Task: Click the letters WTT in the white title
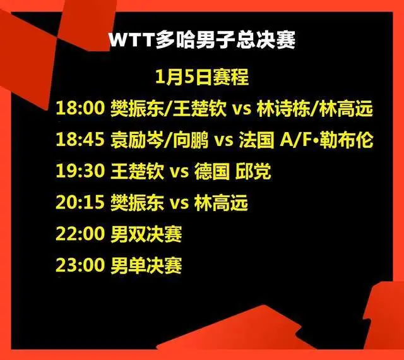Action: click(x=131, y=40)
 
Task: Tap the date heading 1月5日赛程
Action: click(x=202, y=77)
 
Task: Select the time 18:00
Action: click(x=80, y=108)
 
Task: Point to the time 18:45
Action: click(x=80, y=140)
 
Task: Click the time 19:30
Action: click(x=80, y=171)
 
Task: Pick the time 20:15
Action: click(x=80, y=203)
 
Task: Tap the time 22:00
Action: click(x=80, y=234)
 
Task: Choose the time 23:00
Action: click(x=80, y=265)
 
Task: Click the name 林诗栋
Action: click(x=283, y=108)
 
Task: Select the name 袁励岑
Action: click(x=138, y=140)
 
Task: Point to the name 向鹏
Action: click(x=191, y=140)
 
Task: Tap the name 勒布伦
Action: click(x=347, y=140)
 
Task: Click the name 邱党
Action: click(x=253, y=171)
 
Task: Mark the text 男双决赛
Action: click(x=146, y=234)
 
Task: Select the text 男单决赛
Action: click(x=146, y=266)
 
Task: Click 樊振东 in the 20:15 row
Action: click(x=138, y=203)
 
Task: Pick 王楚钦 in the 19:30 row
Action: click(x=138, y=171)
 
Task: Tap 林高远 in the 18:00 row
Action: click(x=346, y=108)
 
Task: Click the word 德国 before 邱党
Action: click(x=212, y=171)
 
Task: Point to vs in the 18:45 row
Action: click(x=224, y=141)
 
